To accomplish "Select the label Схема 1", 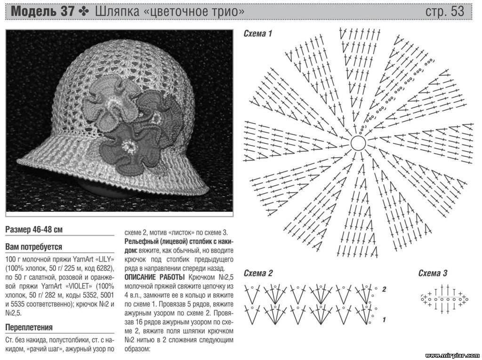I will (x=258, y=34).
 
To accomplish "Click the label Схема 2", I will (x=258, y=273).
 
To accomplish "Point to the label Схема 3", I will (x=433, y=273).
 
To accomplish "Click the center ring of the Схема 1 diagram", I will (x=358, y=143).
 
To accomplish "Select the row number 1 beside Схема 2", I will (x=384, y=320).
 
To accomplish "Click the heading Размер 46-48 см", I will (x=34, y=230).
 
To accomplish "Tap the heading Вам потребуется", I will (x=34, y=247).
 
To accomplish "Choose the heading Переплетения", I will (x=29, y=327).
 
